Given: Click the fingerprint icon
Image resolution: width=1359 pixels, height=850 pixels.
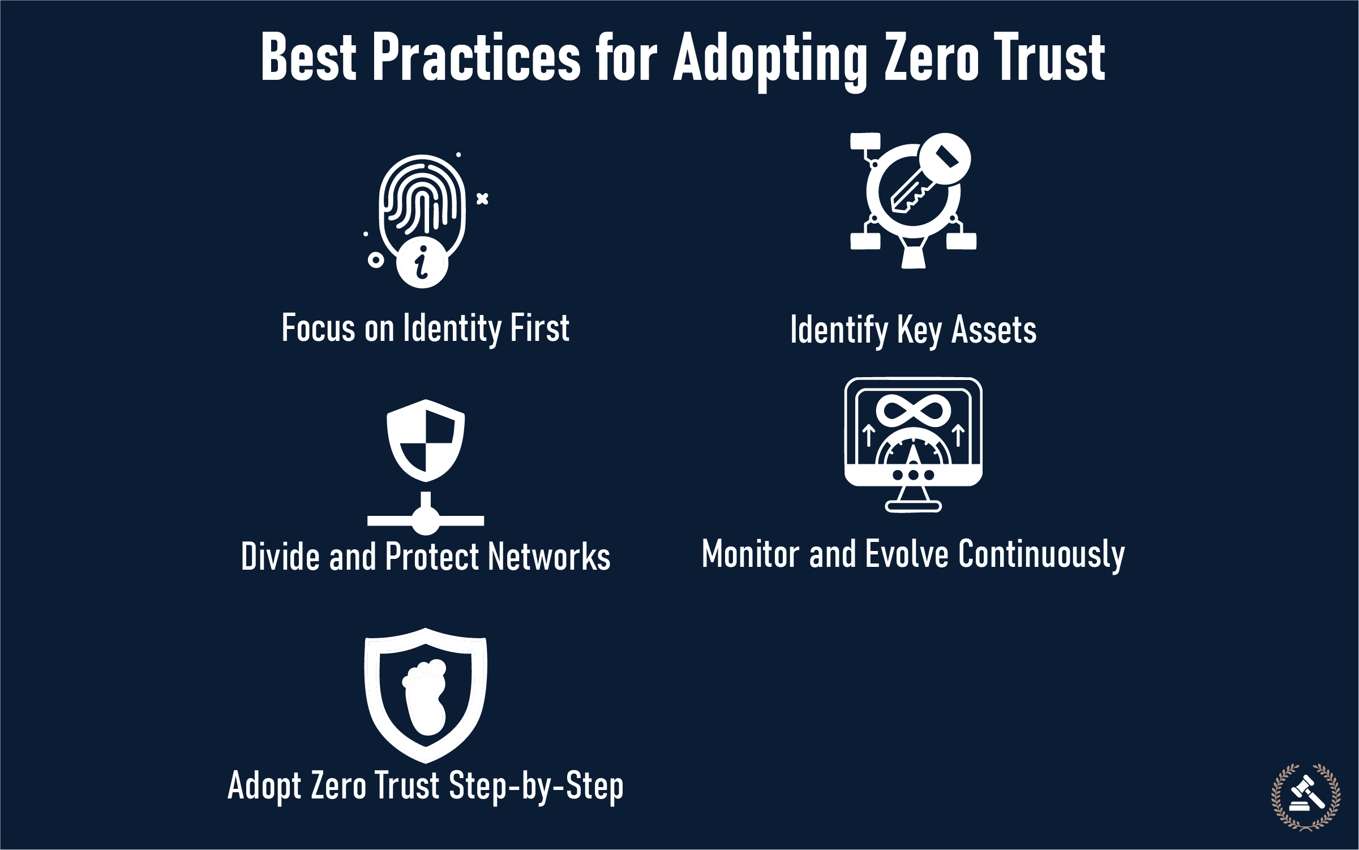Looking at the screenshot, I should point(422,204).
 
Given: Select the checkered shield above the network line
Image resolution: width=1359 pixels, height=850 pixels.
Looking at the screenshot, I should point(426,440).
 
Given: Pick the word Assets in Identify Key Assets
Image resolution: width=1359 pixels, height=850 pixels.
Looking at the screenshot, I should point(994,330).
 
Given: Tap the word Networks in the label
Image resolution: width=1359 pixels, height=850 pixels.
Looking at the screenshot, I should point(549,557).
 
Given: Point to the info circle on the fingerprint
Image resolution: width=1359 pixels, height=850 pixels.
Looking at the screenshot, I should point(422,262).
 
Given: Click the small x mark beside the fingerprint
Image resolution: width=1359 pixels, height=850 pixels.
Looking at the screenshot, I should point(482,199).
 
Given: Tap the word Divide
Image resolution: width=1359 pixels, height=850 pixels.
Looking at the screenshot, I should point(280,557).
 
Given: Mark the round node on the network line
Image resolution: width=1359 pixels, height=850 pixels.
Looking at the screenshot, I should point(426,520).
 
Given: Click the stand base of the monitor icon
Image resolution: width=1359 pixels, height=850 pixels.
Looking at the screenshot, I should point(913,506).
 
